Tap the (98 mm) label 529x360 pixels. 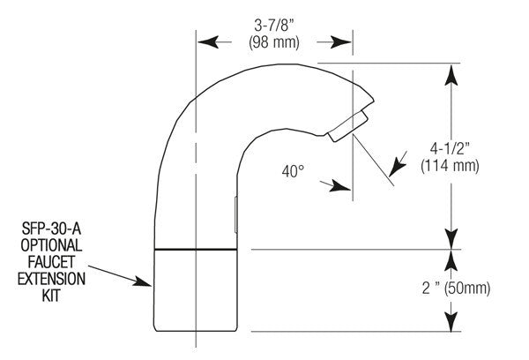(x=274, y=43)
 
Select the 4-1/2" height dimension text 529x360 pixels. (x=450, y=148)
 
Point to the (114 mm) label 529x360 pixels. (x=450, y=166)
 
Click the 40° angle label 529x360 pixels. (x=293, y=171)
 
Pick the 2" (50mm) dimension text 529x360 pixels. (x=456, y=289)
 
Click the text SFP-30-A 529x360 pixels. (x=51, y=229)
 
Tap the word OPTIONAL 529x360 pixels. (x=51, y=245)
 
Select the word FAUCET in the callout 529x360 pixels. (x=51, y=262)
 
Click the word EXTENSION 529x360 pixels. (x=51, y=279)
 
